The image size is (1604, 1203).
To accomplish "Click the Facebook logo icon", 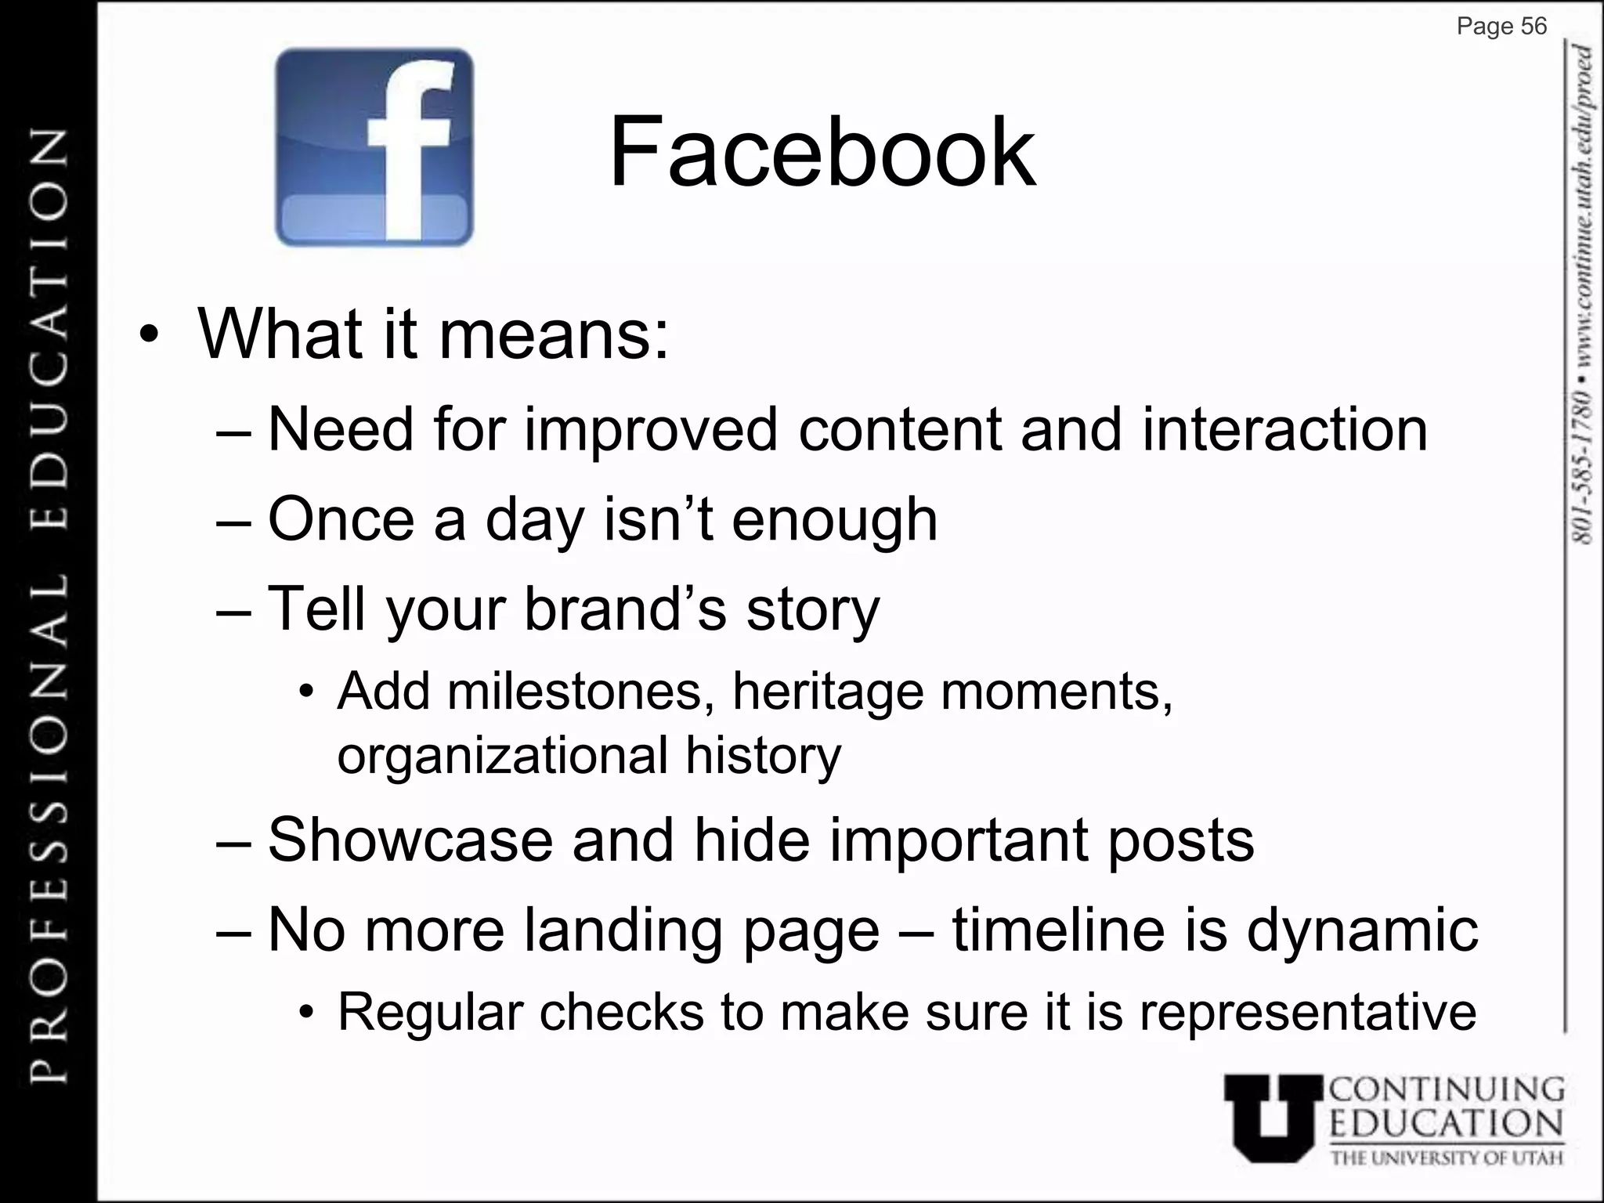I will coord(374,147).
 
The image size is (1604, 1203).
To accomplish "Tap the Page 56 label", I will coord(1501,27).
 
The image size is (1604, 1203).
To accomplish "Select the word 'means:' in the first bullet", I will coord(555,334).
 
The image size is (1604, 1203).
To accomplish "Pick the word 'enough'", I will coord(834,520).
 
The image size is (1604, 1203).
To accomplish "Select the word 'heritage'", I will coord(828,693).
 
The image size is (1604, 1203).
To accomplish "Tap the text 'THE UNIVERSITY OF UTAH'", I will coord(1447,1158).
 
